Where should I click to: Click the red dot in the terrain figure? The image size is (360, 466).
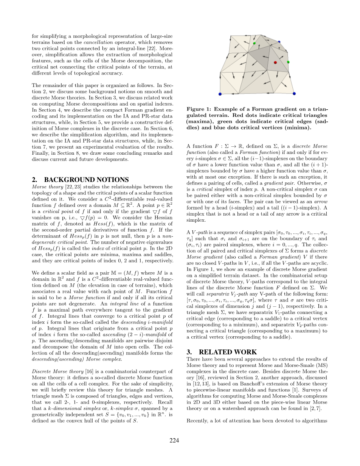pyautogui.click(x=275, y=62)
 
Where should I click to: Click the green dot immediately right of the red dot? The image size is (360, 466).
pyautogui.click(x=288, y=62)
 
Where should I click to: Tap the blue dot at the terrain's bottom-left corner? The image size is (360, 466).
pyautogui.click(x=220, y=94)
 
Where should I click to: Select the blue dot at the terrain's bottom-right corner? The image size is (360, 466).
pyautogui.click(x=294, y=93)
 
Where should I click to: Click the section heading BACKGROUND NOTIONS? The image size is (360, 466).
pyautogui.click(x=86, y=180)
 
